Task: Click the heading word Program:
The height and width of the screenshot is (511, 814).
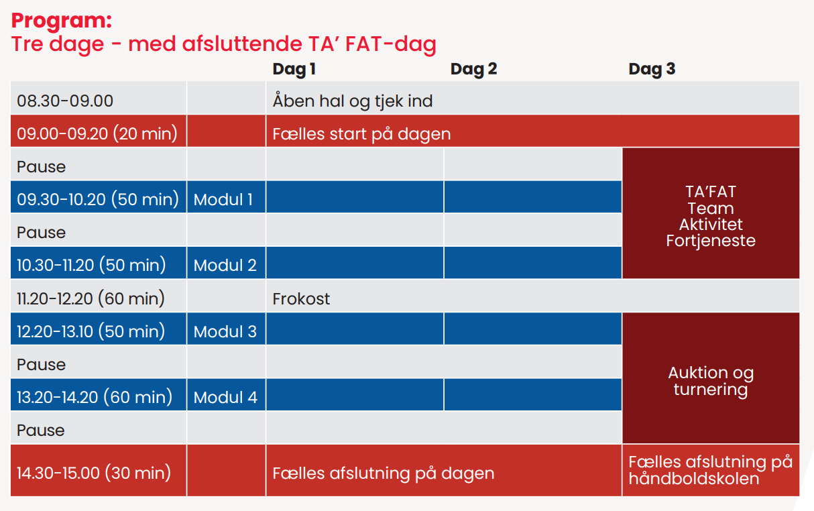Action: (62, 21)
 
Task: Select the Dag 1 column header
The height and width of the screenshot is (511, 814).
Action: (294, 69)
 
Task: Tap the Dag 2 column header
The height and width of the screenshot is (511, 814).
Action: (473, 69)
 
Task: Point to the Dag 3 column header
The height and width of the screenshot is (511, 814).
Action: (652, 69)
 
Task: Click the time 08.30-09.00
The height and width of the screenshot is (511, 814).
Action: (65, 101)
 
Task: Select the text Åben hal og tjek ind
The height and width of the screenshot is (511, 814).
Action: (353, 101)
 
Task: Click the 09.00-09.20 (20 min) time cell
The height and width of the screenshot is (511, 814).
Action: (97, 133)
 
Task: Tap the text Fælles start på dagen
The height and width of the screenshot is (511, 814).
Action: (361, 134)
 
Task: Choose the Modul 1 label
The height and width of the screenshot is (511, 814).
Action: (223, 200)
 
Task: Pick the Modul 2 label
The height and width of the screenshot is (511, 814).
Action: (225, 266)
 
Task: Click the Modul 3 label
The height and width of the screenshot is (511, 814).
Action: (225, 331)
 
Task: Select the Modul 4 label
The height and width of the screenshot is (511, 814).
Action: (225, 397)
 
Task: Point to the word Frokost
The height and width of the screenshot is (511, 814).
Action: (301, 298)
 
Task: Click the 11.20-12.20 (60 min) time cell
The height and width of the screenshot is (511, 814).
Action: (91, 298)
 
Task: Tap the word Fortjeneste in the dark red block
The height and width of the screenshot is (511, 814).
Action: (711, 241)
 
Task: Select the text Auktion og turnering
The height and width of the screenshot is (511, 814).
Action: (711, 382)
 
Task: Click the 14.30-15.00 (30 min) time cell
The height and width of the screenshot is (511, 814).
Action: (94, 473)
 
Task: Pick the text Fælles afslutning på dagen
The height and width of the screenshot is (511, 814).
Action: (384, 473)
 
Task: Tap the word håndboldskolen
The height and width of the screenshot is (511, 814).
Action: (694, 479)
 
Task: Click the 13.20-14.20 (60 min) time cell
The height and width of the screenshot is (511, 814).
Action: (95, 397)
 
